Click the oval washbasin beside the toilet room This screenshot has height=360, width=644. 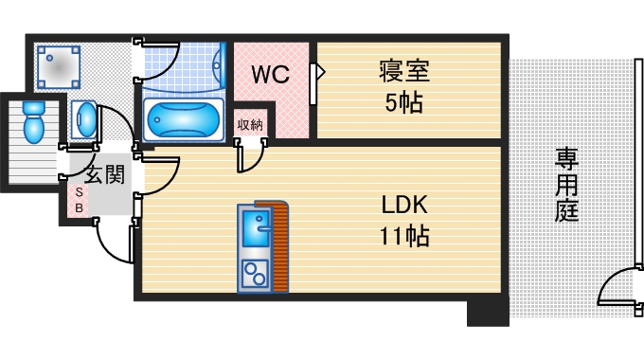click(85, 120)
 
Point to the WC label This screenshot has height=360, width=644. click(270, 72)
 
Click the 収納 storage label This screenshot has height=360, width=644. click(250, 123)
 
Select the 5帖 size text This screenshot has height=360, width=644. click(404, 102)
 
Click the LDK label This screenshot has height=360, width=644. click(406, 205)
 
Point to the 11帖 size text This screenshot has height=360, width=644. click(406, 236)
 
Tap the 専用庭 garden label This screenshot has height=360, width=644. click(567, 184)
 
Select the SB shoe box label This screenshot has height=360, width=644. click(79, 198)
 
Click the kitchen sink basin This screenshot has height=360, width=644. click(255, 227)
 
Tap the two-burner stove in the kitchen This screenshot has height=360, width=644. click(255, 274)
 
